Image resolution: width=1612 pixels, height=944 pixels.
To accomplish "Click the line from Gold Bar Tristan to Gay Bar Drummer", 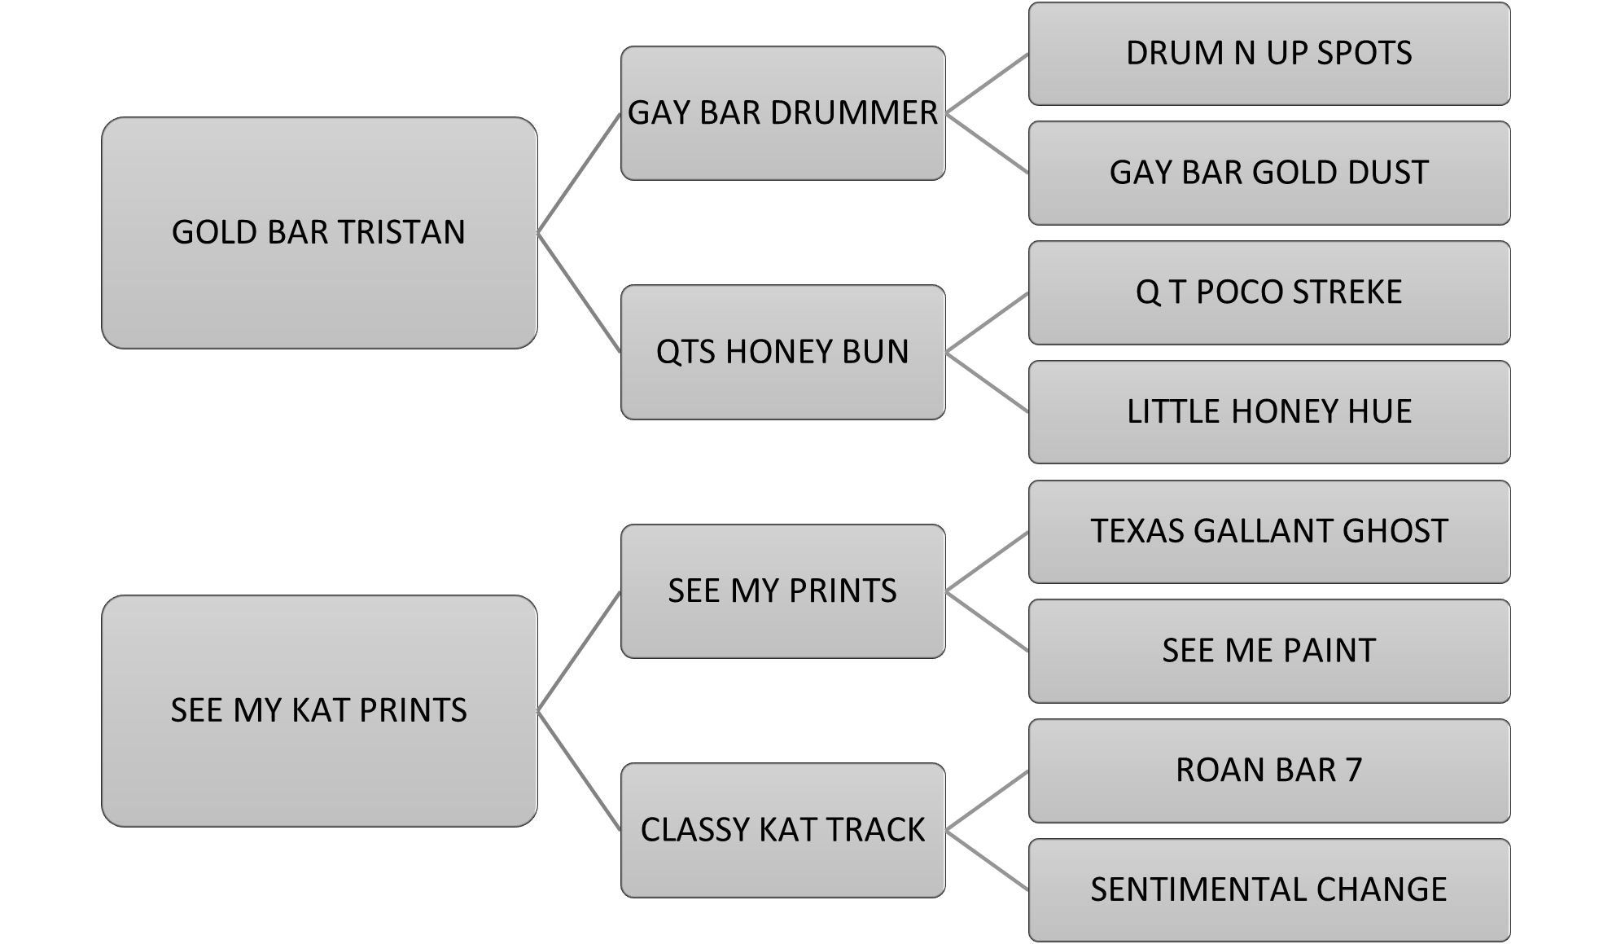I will tap(579, 173).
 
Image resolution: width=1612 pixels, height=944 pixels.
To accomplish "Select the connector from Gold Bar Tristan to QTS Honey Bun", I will tap(579, 292).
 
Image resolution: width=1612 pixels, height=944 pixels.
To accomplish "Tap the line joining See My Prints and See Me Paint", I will tap(987, 621).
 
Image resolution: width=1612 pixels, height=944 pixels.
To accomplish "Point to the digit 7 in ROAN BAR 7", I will tap(1353, 771).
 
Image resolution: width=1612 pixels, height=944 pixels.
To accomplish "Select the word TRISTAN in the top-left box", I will tap(402, 233).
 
